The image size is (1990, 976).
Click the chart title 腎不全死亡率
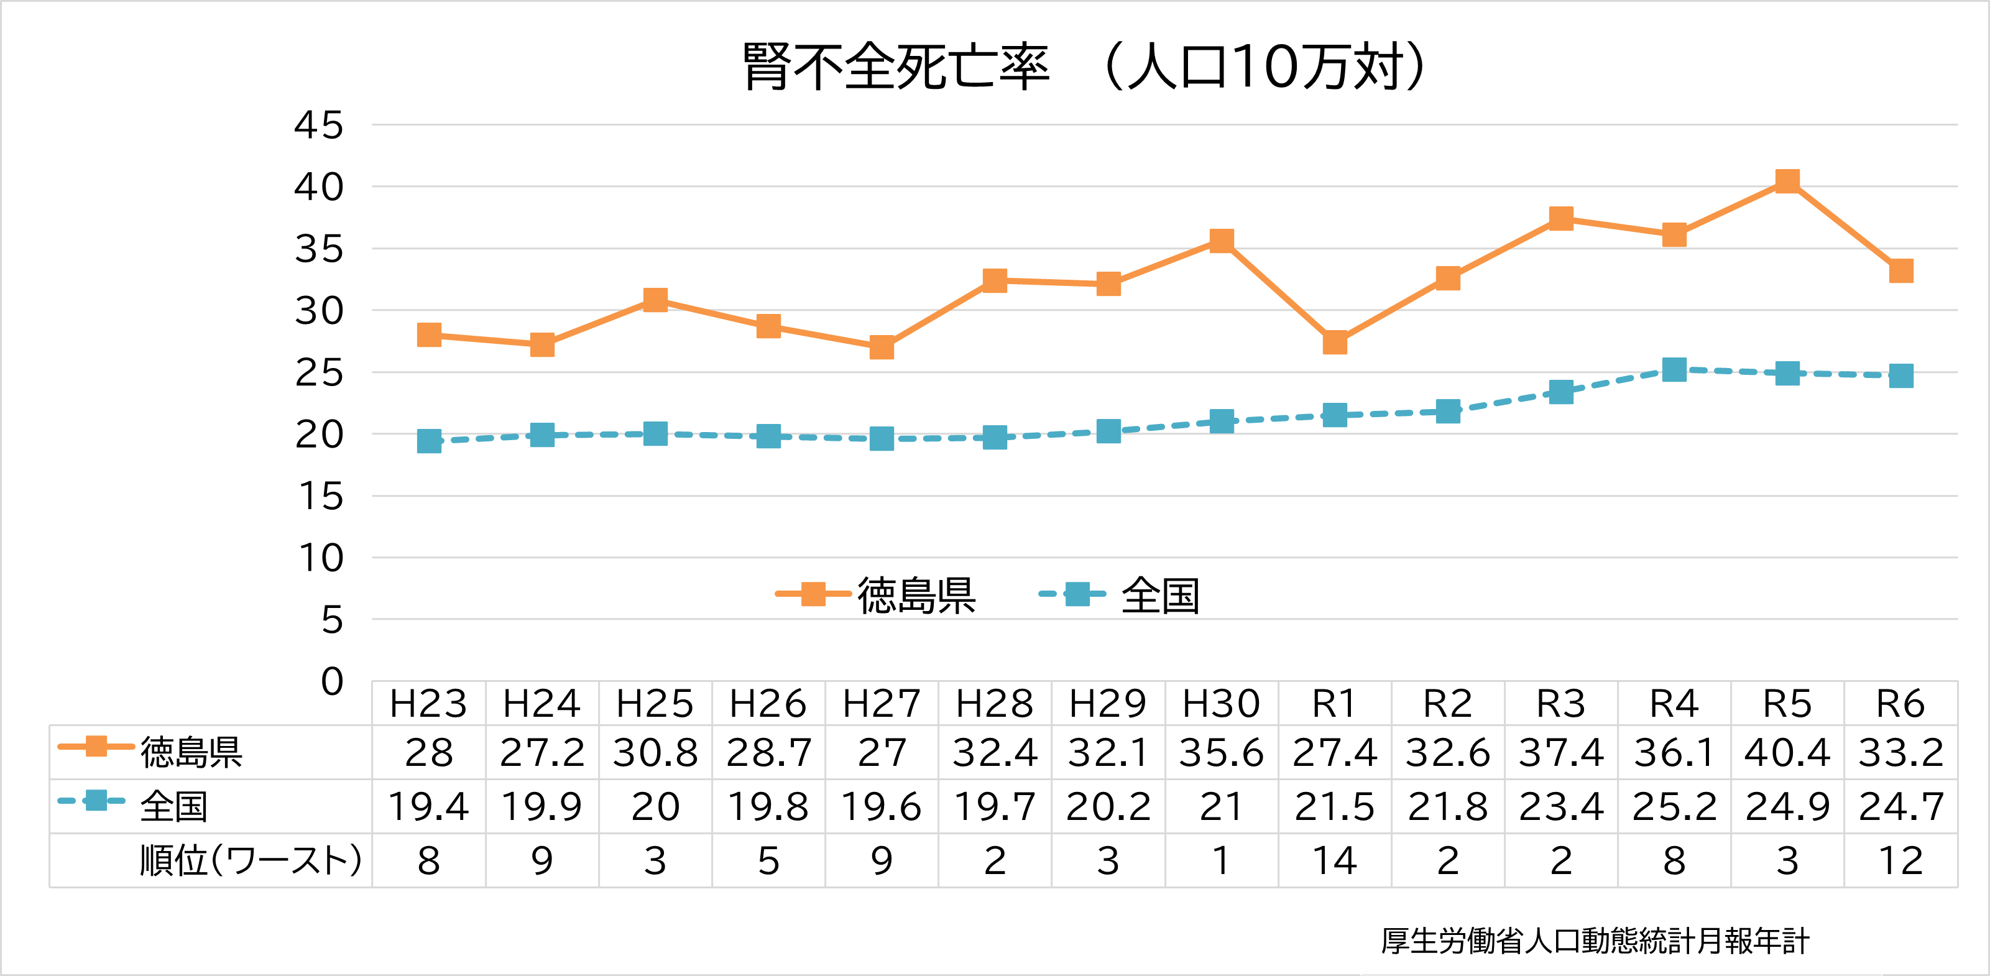(x=896, y=67)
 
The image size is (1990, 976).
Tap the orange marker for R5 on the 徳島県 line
(x=1787, y=182)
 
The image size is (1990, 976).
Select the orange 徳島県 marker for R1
(x=1334, y=343)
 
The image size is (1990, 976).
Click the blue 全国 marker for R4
(x=1674, y=369)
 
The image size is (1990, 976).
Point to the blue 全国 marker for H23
(x=429, y=441)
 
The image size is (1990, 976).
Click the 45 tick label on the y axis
(x=318, y=125)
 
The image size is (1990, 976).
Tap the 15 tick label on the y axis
(x=320, y=496)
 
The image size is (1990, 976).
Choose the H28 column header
(x=994, y=704)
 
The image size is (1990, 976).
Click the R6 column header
(x=1900, y=704)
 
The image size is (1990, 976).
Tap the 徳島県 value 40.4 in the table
(x=1787, y=753)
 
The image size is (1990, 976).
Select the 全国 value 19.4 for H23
(x=429, y=807)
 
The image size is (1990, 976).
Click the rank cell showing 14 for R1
(x=1334, y=861)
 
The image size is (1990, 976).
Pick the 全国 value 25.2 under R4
(x=1674, y=807)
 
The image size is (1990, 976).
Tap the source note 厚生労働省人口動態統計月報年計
(x=1595, y=941)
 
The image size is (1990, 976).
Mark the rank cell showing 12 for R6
(x=1900, y=861)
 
